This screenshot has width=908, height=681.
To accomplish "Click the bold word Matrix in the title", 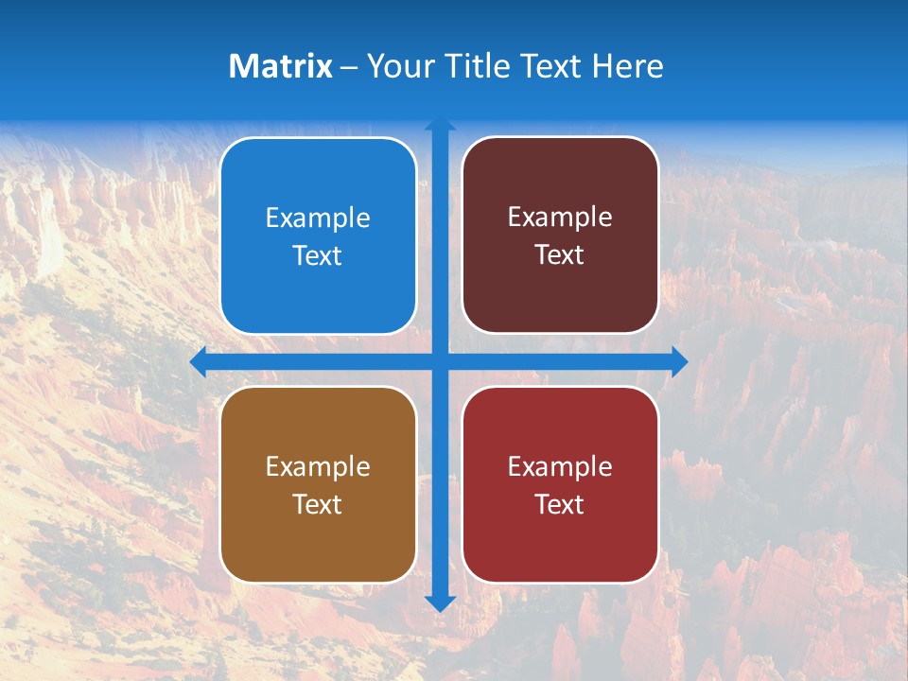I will tap(281, 66).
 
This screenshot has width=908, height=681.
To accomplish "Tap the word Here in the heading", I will tap(627, 66).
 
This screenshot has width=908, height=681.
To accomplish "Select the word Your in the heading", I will tap(397, 66).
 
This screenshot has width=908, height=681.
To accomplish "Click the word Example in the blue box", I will tap(318, 218).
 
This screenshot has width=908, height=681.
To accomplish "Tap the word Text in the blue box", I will tap(318, 255).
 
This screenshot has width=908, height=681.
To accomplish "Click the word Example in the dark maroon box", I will tap(560, 218).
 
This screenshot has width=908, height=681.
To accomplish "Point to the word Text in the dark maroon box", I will tap(560, 254).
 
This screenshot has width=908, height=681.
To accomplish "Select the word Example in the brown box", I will tap(318, 467).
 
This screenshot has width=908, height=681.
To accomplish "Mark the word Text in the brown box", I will tap(318, 504).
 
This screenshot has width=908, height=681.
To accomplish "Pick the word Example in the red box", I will tap(560, 467).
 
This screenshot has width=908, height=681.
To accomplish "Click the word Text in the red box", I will tap(560, 504).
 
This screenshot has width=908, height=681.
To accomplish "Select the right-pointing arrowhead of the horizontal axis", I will tap(679, 361).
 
